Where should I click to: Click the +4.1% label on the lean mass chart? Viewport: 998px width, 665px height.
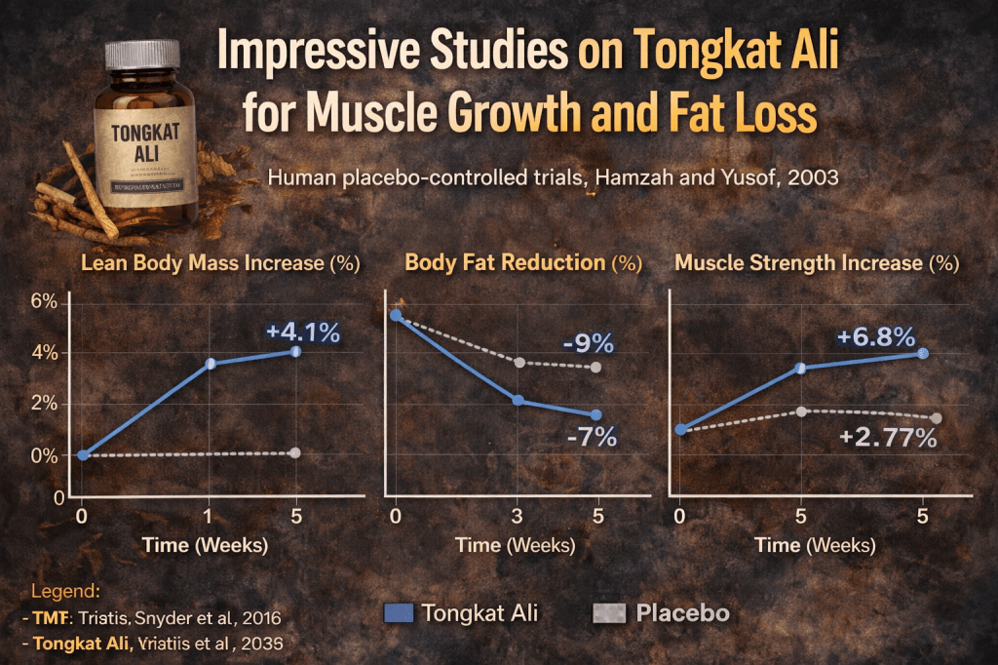click(303, 332)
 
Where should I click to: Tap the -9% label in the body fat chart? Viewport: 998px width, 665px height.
click(588, 343)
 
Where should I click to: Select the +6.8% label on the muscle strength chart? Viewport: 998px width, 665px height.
click(876, 337)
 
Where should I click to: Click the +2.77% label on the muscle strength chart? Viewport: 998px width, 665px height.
click(888, 438)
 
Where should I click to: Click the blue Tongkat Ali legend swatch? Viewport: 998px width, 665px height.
click(400, 613)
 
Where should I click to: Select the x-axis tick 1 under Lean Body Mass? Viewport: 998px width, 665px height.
click(207, 516)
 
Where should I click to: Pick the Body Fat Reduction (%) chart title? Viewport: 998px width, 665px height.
click(523, 263)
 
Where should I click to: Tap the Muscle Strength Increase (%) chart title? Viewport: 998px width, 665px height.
click(817, 263)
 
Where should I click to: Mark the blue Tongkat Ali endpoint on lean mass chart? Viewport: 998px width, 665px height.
click(295, 351)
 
